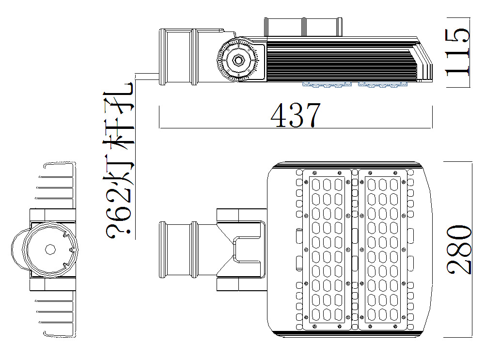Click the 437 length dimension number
pos(296,115)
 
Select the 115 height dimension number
pos(458,52)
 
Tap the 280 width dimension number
pos(459,249)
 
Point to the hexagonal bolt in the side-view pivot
pos(238,60)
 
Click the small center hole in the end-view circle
pos(50,249)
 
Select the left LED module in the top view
pos(327,249)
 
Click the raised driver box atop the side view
pos(303,27)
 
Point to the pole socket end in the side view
pos(177,57)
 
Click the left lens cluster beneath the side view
pos(327,85)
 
